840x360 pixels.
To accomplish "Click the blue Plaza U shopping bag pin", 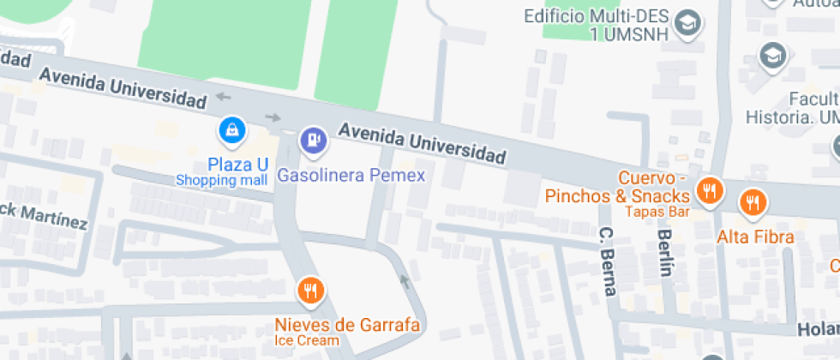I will click(232, 131).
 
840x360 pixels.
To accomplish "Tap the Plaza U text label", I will click(238, 164).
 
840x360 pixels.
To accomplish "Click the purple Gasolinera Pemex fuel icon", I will click(312, 141).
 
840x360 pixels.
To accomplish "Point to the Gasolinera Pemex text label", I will click(351, 176).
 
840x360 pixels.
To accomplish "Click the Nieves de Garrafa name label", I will click(347, 325).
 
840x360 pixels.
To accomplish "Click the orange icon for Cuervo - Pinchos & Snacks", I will click(709, 190).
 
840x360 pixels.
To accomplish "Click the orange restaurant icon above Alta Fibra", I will click(753, 202).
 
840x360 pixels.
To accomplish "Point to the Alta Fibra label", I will click(756, 237).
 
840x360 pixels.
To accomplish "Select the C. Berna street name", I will click(608, 261).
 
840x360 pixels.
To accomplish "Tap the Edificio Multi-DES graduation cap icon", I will click(687, 23).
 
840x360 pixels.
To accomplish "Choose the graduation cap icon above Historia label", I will click(772, 57).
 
